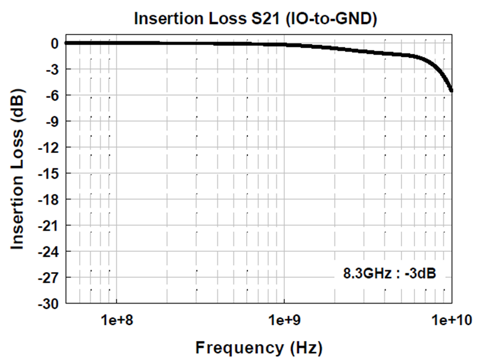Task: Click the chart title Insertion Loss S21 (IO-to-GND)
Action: (x=255, y=19)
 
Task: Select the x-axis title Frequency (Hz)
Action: (x=258, y=348)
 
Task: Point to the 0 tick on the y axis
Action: (x=54, y=43)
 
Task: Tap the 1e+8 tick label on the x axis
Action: (x=116, y=319)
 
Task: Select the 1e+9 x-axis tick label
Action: (x=284, y=319)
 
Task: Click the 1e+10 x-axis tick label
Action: (x=450, y=319)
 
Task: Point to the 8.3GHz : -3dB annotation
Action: (x=389, y=273)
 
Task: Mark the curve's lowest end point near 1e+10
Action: (x=452, y=91)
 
